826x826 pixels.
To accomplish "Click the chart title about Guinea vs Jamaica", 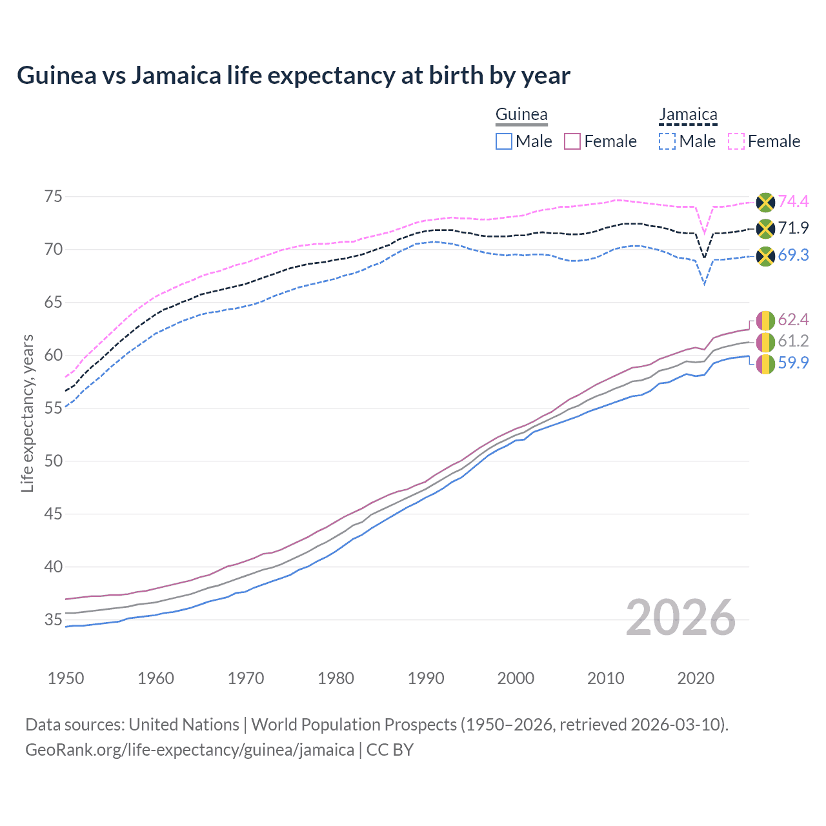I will click(294, 76).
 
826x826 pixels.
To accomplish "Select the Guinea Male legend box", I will click(504, 141).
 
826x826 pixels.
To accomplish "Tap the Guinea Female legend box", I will click(573, 141).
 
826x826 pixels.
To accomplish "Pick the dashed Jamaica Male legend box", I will click(667, 141).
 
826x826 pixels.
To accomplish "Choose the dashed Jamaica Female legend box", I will click(736, 141).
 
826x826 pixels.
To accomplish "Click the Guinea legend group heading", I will click(521, 115).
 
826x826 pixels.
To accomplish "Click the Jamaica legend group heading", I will click(688, 115).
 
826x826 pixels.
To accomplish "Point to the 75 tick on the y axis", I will click(53, 196).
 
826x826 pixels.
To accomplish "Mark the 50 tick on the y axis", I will click(53, 461).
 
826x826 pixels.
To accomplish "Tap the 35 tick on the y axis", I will click(53, 619).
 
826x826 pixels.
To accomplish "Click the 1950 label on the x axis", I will click(66, 678).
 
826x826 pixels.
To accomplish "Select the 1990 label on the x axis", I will click(426, 678).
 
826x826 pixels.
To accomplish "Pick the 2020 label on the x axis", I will click(696, 678).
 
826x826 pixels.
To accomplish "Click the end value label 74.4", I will click(793, 201).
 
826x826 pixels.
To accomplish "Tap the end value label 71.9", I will click(793, 228).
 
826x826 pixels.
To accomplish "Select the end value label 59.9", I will click(793, 363).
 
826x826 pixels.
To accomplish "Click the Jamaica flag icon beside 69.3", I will click(765, 256).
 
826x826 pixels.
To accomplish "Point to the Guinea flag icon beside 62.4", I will click(765, 320).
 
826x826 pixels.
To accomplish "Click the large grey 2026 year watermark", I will click(681, 618).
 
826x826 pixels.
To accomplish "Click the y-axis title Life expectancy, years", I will click(27, 413).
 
